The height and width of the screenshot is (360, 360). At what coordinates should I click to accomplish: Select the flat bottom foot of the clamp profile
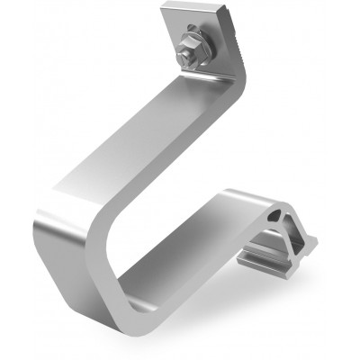tap(270, 261)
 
